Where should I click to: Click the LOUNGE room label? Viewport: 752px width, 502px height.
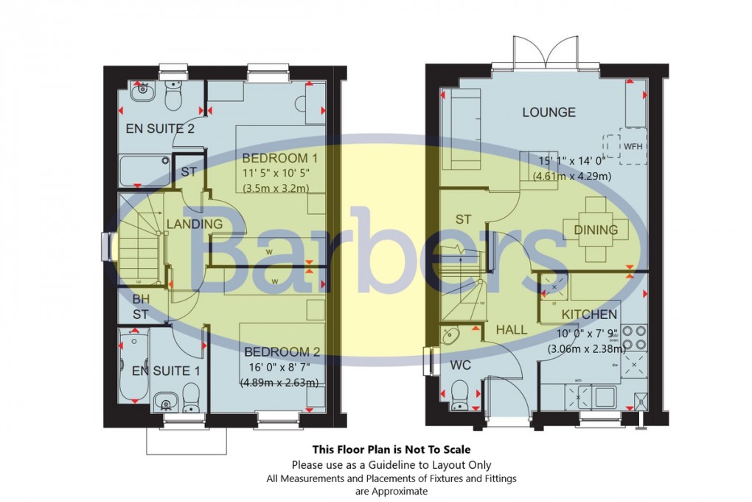coord(549,112)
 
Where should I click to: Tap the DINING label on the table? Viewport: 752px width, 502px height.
coord(596,230)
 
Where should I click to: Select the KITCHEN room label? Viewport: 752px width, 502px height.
coord(589,314)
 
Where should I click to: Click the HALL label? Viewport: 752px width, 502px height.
coord(511,329)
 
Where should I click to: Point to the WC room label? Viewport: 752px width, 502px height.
coord(462,365)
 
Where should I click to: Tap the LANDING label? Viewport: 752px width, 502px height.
coord(194,224)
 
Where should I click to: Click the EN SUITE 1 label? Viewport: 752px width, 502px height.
coord(166,371)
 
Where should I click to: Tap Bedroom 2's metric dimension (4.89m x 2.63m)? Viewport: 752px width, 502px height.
coord(279,382)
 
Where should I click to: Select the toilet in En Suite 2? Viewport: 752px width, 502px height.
coord(174,96)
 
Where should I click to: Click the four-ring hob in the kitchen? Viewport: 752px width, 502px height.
coord(633,337)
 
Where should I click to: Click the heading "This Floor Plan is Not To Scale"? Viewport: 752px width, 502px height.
coord(391,449)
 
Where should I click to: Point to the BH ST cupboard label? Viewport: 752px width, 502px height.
coord(140,307)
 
